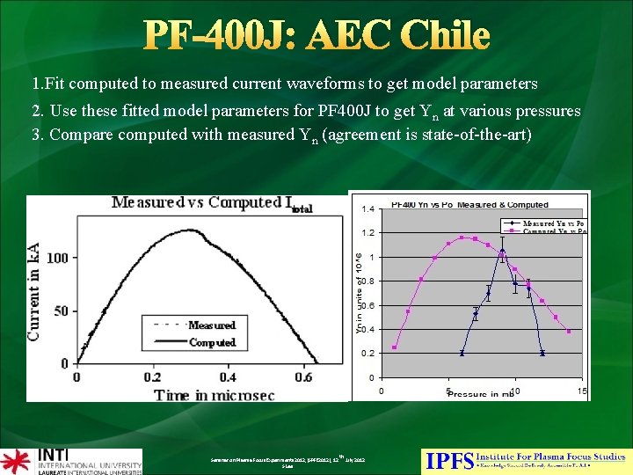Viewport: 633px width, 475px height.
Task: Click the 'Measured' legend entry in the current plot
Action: [x=211, y=325]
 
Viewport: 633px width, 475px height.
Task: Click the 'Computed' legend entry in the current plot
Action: [x=212, y=342]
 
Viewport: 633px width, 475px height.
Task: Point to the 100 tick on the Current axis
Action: [x=57, y=258]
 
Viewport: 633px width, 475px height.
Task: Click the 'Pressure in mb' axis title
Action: [x=479, y=394]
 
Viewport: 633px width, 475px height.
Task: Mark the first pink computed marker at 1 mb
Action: [x=395, y=347]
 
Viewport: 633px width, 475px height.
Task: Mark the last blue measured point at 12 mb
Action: [x=542, y=353]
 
